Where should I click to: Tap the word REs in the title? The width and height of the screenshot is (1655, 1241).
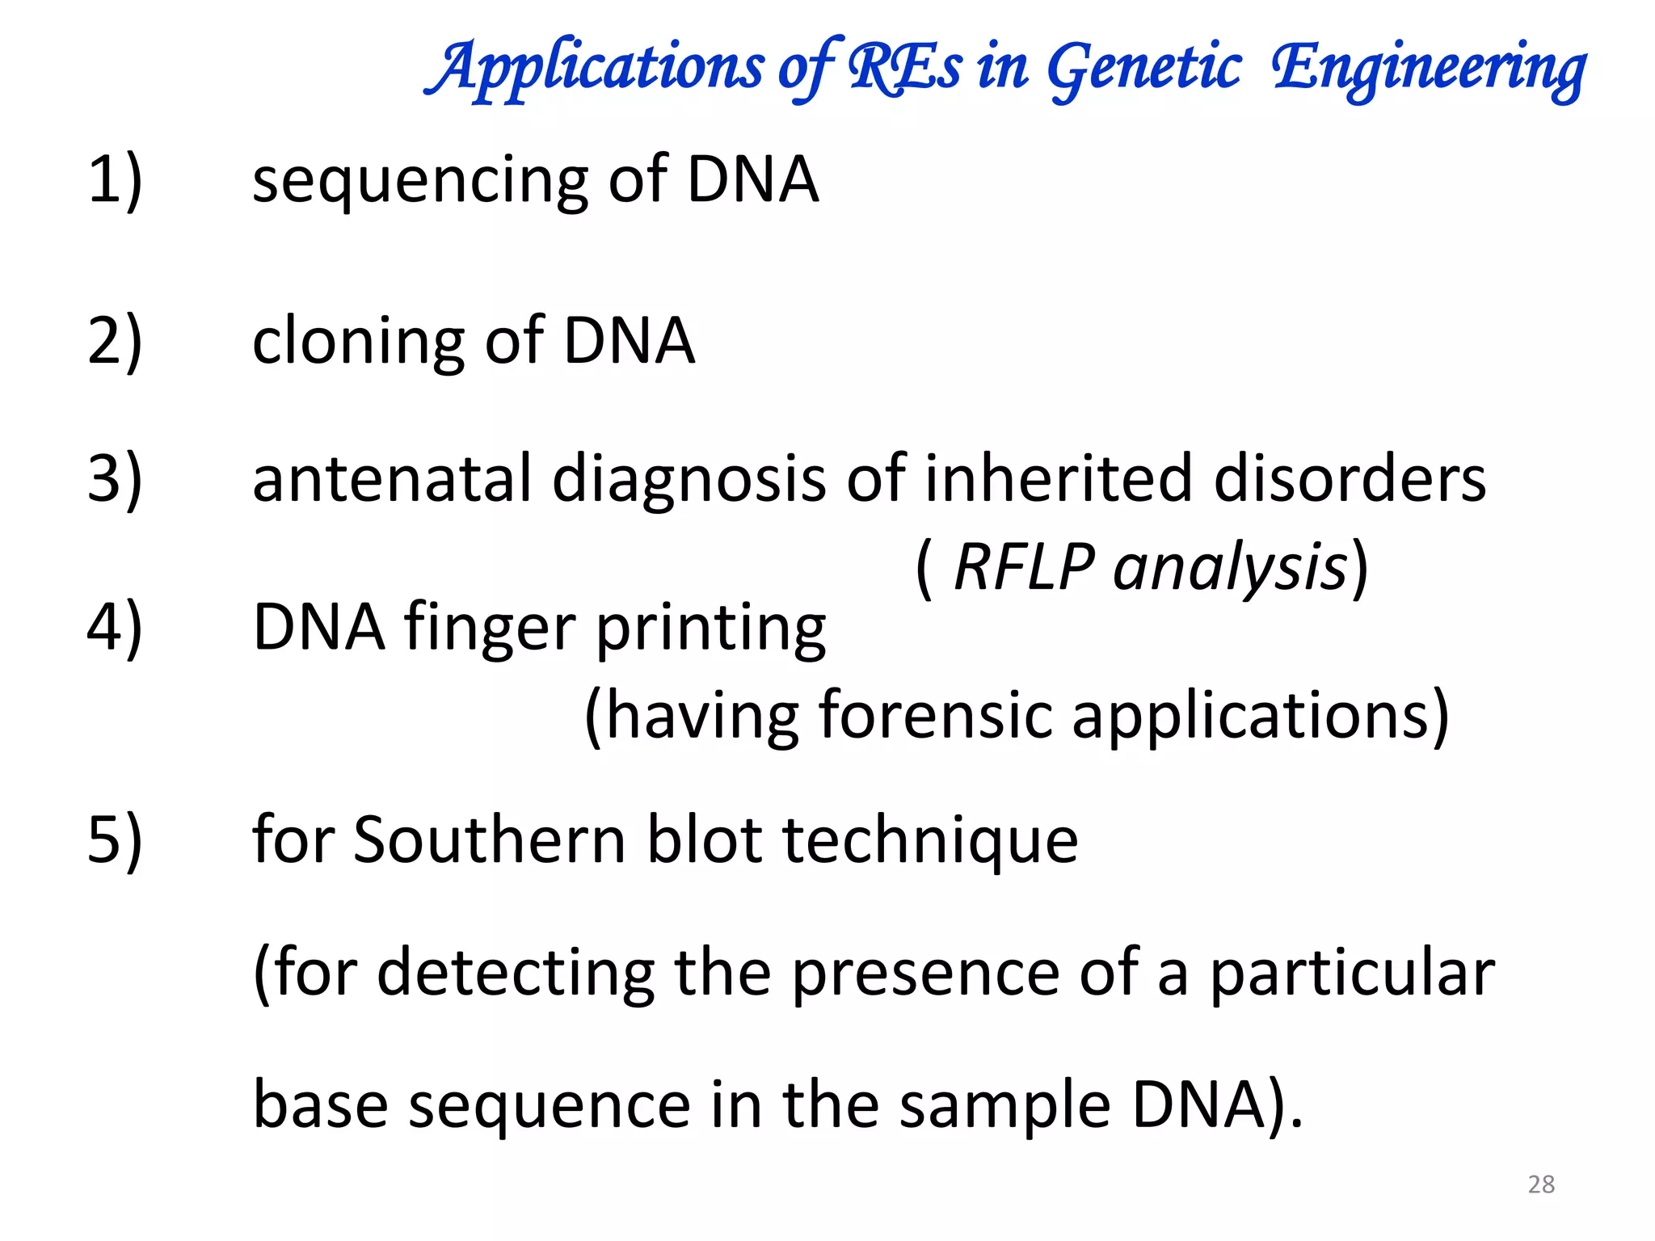tap(905, 67)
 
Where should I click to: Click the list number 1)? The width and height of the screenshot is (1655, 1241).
tap(115, 179)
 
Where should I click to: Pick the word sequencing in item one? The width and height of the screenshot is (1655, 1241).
tap(420, 181)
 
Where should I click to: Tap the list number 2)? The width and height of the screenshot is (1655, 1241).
tap(115, 341)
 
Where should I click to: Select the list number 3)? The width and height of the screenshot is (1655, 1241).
tap(115, 478)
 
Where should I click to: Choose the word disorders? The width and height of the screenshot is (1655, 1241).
tap(1350, 478)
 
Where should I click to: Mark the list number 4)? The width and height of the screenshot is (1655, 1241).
tap(115, 627)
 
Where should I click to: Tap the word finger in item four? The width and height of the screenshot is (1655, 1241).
tap(490, 629)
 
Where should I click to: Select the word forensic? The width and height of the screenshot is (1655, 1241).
tap(936, 716)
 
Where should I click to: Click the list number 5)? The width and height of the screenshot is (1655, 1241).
tap(115, 840)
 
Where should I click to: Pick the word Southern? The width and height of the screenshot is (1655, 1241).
tap(490, 840)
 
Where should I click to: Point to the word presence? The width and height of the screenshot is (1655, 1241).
tap(925, 974)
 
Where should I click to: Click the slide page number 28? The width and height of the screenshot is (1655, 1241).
tap(1541, 1184)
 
